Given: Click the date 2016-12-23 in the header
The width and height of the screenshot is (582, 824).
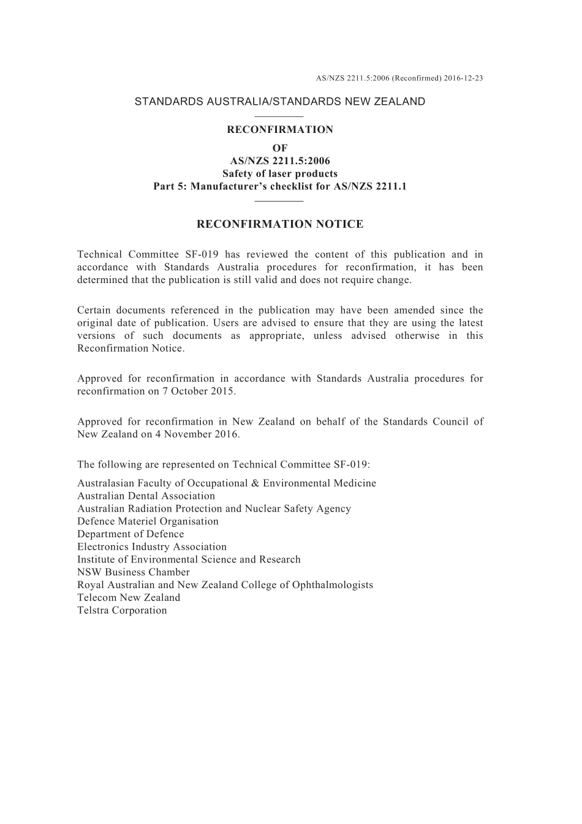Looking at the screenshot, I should [x=464, y=78].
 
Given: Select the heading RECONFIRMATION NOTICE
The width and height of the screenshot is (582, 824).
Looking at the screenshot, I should [x=280, y=224].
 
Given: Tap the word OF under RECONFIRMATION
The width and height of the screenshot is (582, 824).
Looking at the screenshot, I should [x=280, y=148].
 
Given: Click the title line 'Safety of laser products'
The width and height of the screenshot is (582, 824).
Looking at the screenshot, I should [x=280, y=173].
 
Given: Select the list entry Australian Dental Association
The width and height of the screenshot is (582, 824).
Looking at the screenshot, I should [x=146, y=496].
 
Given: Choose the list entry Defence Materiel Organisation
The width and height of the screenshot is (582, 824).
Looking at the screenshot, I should [x=148, y=521].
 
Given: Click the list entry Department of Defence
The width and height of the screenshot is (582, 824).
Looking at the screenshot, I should [x=130, y=534].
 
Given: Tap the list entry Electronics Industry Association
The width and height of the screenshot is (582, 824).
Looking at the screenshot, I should [x=152, y=547].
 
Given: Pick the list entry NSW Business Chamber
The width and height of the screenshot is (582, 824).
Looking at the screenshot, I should [x=134, y=572].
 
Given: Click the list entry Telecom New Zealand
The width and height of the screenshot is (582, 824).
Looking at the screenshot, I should [x=129, y=598].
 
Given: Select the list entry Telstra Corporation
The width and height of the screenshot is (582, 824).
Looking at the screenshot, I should [x=122, y=610].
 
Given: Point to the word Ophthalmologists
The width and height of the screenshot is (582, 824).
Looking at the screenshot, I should [x=333, y=585].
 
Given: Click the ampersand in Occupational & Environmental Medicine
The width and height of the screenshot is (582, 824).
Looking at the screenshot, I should [x=255, y=483].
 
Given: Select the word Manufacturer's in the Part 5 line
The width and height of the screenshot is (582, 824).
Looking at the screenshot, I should [x=227, y=186].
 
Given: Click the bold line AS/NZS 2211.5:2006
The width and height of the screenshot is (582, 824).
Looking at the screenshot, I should [x=280, y=161].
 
